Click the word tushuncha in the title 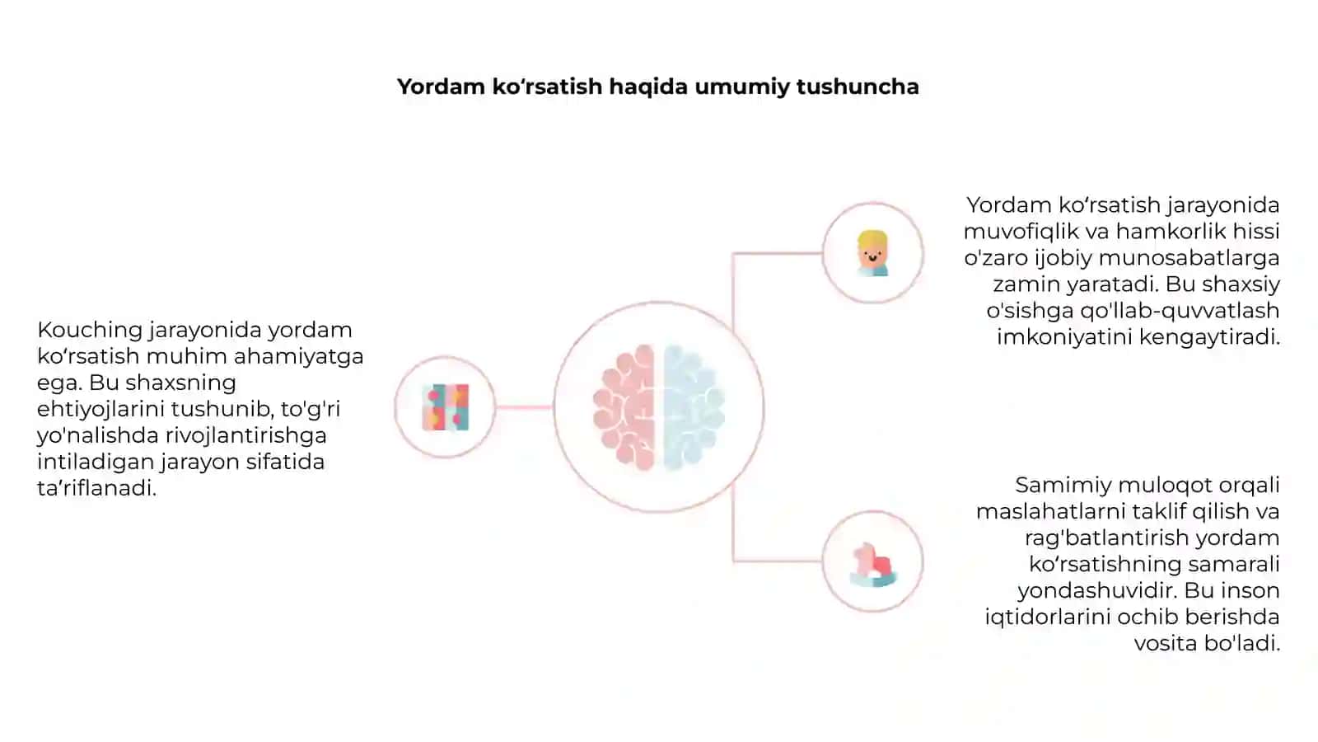pos(858,87)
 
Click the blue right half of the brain pos(694,407)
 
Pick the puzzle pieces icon pos(446,407)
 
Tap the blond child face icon pos(872,253)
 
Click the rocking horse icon pos(873,565)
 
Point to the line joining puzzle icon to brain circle pos(524,407)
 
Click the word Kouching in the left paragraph pos(90,331)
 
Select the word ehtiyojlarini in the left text pos(100,409)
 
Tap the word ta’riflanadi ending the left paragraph pos(96,488)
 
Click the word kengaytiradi pos(1210,337)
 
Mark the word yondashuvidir pos(1098,590)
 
